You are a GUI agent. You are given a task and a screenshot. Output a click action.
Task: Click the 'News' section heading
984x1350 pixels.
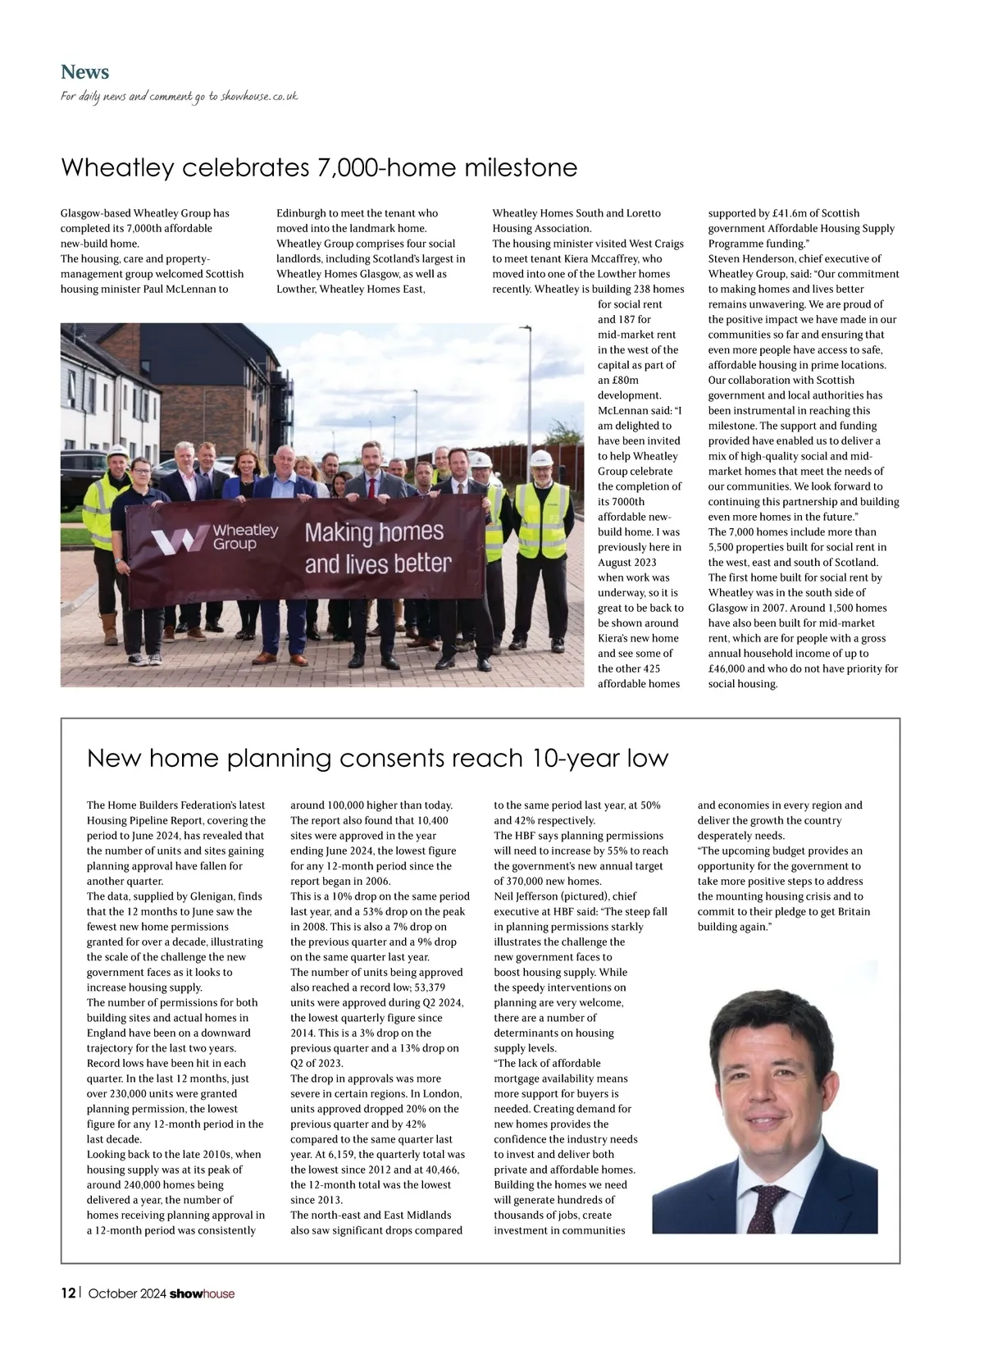coord(84,72)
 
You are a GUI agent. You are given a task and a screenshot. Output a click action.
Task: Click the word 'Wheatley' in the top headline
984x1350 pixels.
coord(117,168)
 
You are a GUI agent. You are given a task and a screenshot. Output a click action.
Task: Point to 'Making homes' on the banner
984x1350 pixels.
coord(374,532)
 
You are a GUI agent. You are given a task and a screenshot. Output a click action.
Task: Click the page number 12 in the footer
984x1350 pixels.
coord(68,1293)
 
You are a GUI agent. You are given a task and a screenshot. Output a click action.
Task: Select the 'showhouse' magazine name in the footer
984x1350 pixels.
coord(202,1294)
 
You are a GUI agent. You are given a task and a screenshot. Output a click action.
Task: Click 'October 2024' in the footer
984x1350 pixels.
coord(127,1294)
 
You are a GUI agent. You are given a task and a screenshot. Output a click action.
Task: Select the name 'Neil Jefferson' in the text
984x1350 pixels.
coord(526,896)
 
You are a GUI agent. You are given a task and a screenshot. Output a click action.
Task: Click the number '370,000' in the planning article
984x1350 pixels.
coord(533,881)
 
